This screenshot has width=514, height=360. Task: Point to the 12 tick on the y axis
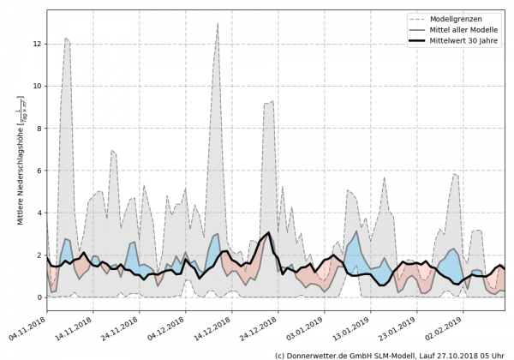pos(37,44)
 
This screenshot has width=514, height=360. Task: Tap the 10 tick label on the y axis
pos(37,86)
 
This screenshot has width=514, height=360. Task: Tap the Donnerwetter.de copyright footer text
pos(390,354)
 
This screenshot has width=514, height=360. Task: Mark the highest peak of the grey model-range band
pos(218,24)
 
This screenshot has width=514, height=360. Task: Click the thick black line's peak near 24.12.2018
pos(268,233)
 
